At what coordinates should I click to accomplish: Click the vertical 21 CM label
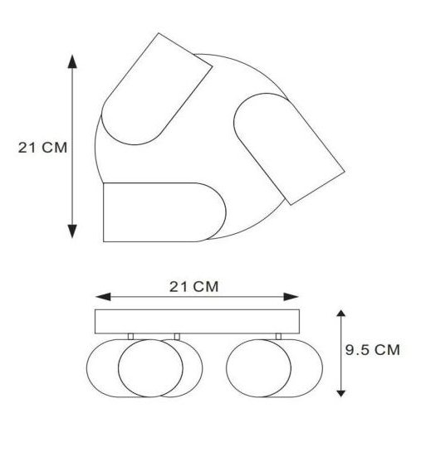pos(42,148)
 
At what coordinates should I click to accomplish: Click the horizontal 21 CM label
pos(193,286)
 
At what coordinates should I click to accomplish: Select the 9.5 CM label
pos(372,349)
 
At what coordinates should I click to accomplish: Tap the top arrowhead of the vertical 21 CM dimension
pos(72,61)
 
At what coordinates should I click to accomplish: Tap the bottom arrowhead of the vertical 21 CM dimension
pos(72,231)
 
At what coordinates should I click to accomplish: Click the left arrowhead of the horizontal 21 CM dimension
pos(103,297)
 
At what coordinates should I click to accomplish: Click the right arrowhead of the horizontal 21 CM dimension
pos(291,297)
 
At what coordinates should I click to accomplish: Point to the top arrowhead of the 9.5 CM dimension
pos(340,314)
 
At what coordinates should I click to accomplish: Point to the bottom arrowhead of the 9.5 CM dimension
pos(340,393)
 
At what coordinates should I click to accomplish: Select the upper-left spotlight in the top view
pos(156,89)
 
